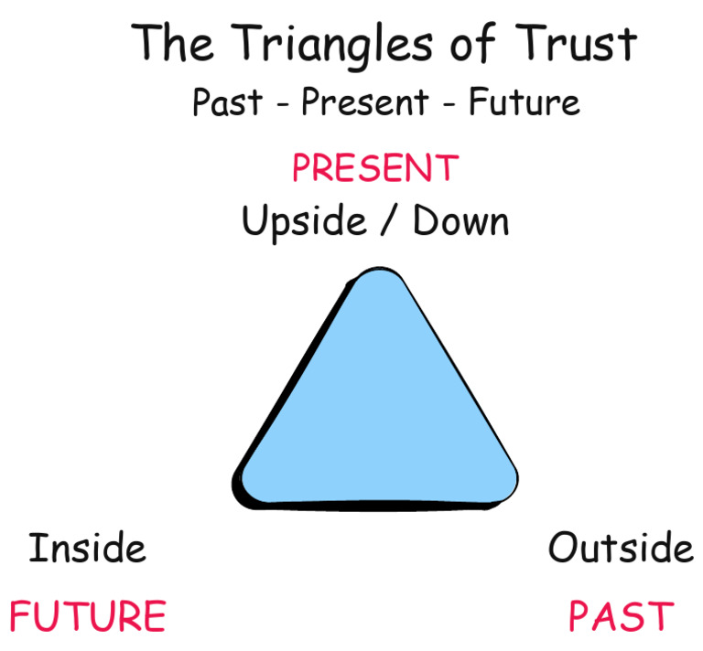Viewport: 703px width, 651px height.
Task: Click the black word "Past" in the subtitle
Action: point(227,102)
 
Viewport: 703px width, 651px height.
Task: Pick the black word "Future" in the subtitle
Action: point(524,102)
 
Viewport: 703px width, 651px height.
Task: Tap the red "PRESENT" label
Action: point(374,168)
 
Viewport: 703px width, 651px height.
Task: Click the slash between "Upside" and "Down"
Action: point(393,222)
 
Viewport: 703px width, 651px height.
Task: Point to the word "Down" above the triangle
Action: point(460,221)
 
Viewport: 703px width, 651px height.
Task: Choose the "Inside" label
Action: point(87,549)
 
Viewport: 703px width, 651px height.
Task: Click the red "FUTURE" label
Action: point(87,616)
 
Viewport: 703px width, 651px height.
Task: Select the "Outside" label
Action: point(621,548)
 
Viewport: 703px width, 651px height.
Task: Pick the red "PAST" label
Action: point(621,616)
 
